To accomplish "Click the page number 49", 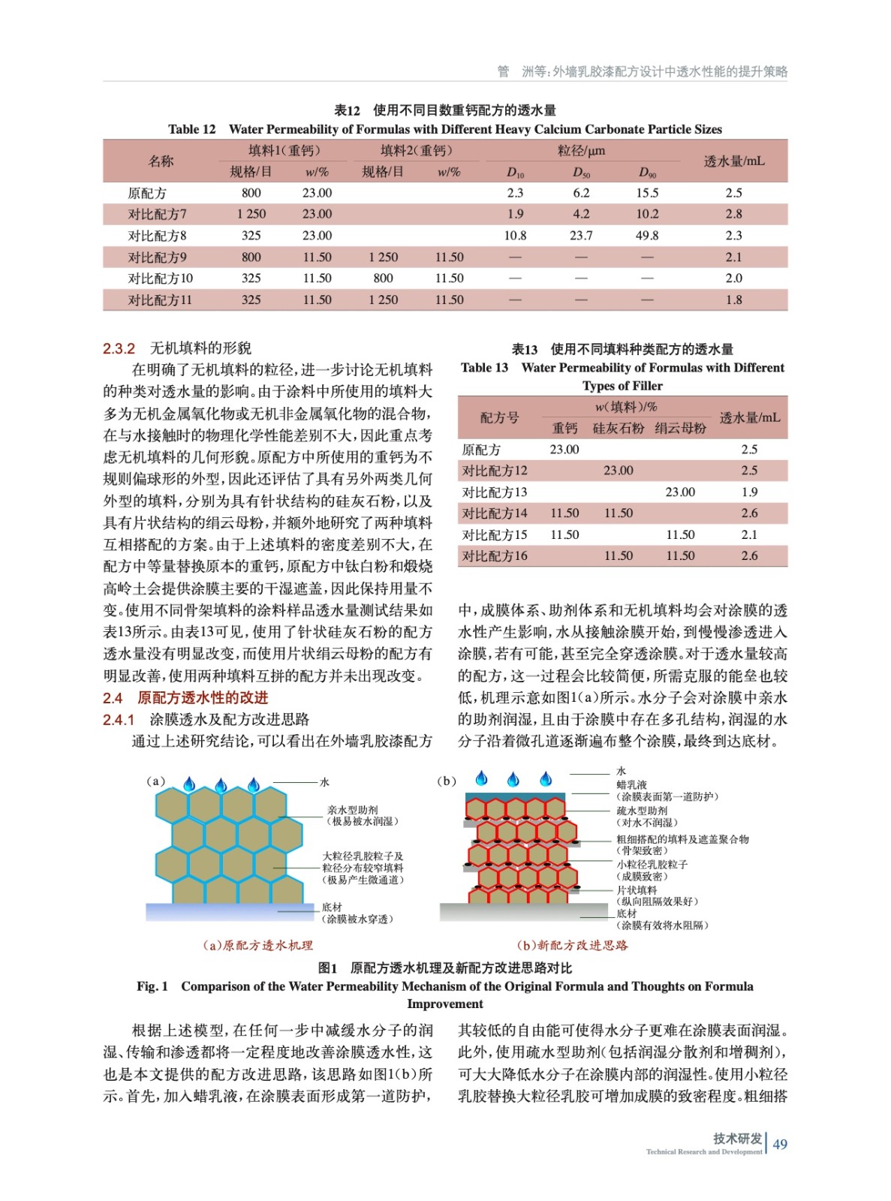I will pos(780,1144).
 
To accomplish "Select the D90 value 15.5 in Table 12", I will pos(647,193).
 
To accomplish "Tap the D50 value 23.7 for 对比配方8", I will pos(581,236).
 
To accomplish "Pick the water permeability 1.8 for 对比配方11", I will pos(733,300).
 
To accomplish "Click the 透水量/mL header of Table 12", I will pos(733,161).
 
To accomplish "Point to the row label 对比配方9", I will pos(157,257).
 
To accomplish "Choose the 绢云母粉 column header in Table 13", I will pos(680,428).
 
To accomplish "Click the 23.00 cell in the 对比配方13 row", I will pos(680,492).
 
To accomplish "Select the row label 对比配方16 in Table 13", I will pos(495,556).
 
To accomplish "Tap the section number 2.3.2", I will pos(119,348).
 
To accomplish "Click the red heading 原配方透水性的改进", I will pos(203,698).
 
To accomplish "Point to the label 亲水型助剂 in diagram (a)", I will pos(352,810).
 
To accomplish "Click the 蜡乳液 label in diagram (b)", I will pos(631,784).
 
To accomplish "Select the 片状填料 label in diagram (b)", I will pos(637,889).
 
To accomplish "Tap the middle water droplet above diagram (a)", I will pos(221,786).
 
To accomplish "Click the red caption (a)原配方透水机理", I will pos(257,946).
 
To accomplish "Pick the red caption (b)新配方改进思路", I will pos(572,946).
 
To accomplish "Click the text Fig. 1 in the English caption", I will pos(152,986).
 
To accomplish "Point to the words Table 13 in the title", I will pos(484,368).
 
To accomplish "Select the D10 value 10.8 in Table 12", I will pos(515,236).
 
